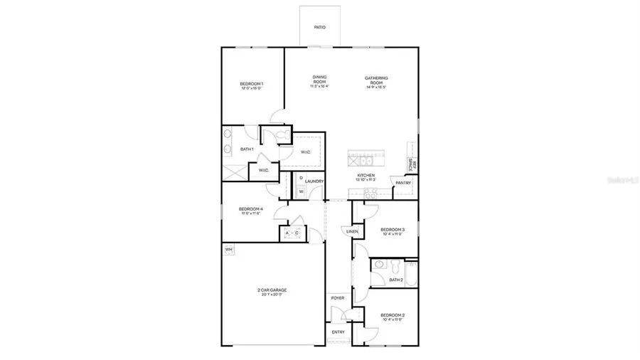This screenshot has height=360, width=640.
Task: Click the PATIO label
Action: [x=320, y=28]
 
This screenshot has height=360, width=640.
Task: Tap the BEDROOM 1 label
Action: [x=251, y=85]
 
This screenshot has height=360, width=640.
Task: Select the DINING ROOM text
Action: [x=319, y=80]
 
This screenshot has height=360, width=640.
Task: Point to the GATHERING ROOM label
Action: [x=376, y=80]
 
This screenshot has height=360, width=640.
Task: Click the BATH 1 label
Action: [x=247, y=149]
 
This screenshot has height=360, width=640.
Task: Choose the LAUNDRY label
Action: [x=315, y=181]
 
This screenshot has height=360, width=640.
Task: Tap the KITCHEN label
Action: [x=366, y=176]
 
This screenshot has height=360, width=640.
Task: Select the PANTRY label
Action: [x=403, y=181]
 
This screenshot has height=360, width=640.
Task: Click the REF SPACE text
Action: [x=412, y=164]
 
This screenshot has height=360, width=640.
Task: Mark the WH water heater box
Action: [x=228, y=250]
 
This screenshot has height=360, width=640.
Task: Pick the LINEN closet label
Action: [x=352, y=232]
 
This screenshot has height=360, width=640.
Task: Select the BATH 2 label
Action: [x=396, y=280]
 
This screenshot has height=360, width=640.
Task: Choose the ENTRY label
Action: [x=338, y=332]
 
